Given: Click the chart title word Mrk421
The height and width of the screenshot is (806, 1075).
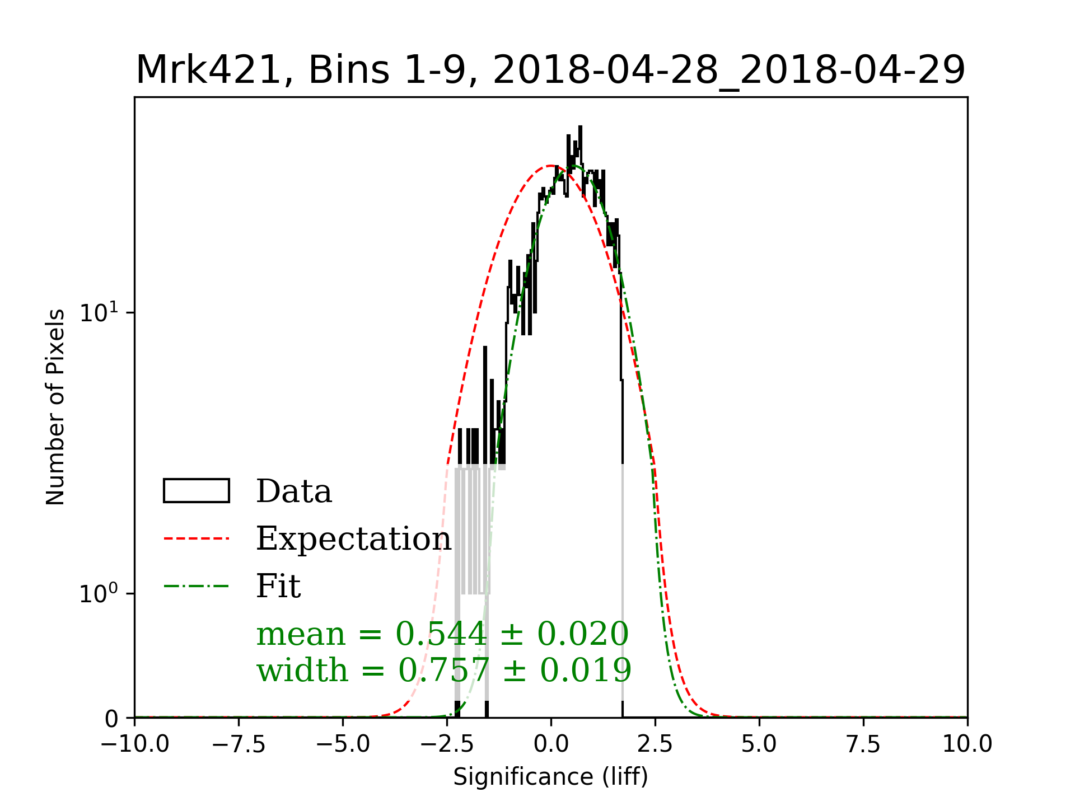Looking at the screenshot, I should [x=207, y=71].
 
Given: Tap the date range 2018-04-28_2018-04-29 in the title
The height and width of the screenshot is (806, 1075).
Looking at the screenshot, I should [x=729, y=71].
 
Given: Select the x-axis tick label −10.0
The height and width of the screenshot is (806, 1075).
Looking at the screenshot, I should [x=134, y=744].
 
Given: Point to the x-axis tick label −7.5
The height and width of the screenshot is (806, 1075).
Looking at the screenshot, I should [x=239, y=744].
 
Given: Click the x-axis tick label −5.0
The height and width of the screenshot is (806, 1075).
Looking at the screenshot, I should [x=343, y=744].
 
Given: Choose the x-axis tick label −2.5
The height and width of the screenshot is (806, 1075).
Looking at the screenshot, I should [x=447, y=744].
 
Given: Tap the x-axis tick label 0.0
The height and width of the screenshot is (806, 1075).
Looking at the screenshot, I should [x=551, y=744].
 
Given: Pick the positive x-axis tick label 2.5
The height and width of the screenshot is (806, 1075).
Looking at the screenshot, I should [x=655, y=744].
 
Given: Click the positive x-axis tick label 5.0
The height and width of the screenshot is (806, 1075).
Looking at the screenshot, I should [x=759, y=744].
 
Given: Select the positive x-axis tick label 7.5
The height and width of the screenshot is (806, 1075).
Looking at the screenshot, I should [x=863, y=744].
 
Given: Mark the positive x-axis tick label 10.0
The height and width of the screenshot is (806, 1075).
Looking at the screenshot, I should [x=968, y=744].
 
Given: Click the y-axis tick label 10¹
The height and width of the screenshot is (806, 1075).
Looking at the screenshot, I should [x=99, y=312].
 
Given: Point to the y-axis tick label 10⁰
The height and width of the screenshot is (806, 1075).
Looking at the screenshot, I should [x=99, y=593].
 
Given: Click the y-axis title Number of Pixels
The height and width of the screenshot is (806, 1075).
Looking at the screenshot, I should [x=55, y=407].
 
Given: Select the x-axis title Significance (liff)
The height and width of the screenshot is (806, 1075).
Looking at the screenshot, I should [x=551, y=777].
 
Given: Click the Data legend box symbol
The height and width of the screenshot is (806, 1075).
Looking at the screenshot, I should [x=196, y=491].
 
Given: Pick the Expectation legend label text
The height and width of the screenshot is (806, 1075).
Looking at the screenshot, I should [x=353, y=538].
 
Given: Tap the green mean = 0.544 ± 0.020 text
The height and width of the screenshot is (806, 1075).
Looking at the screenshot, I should [x=442, y=634].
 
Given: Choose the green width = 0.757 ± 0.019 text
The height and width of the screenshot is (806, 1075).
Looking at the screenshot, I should [x=444, y=670].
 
